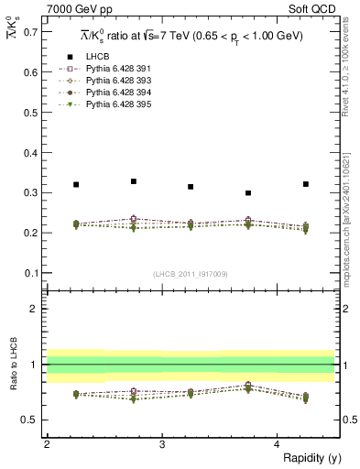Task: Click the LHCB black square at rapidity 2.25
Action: [76, 184]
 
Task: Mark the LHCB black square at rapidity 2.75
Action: [134, 181]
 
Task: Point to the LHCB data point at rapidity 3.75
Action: [248, 193]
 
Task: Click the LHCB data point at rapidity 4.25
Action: [306, 184]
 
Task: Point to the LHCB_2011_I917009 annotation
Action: [191, 274]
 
